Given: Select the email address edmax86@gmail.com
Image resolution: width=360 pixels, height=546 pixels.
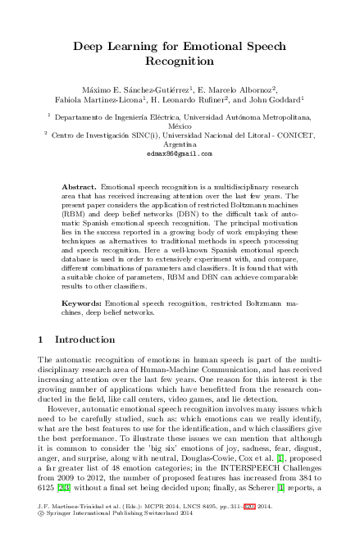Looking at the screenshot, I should point(179,153).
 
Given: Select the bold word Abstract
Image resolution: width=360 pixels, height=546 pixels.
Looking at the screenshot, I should point(80,187).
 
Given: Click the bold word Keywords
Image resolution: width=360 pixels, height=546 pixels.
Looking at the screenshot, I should point(83,303).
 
